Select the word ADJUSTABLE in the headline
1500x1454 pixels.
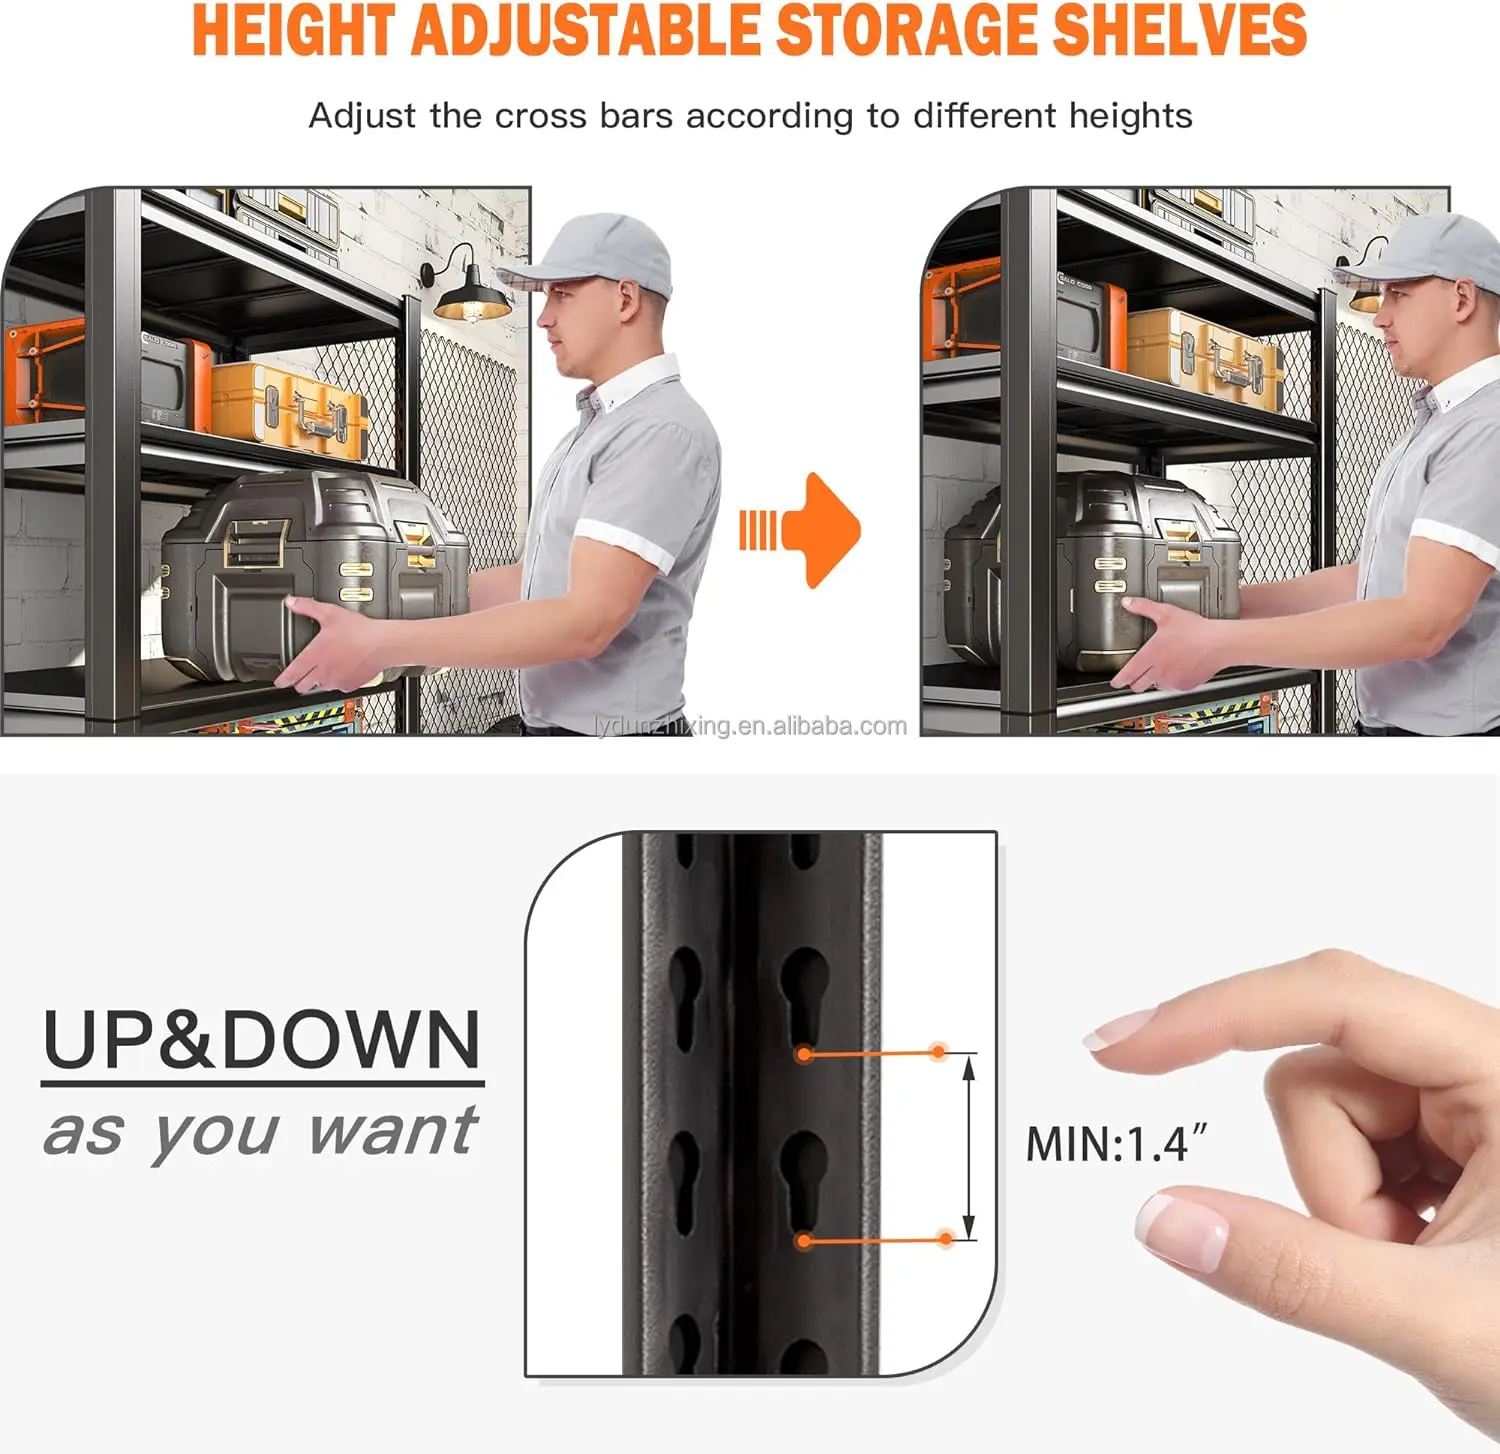tap(585, 30)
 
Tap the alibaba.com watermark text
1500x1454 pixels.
tap(750, 726)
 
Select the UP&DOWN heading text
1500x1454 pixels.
tap(262, 1040)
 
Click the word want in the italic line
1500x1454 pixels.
tap(392, 1131)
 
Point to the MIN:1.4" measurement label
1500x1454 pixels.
tap(1116, 1144)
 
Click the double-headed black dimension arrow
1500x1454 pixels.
tap(967, 1147)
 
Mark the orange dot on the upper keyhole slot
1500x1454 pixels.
tap(803, 1054)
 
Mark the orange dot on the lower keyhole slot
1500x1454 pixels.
tap(803, 1241)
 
